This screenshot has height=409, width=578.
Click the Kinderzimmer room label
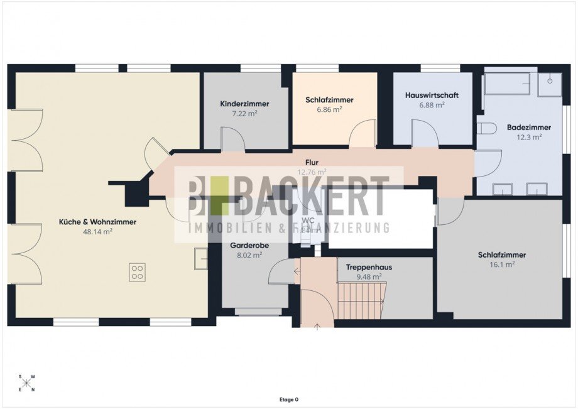coord(244,104)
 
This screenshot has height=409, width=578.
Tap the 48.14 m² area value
coord(97,231)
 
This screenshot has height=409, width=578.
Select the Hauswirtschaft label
coord(432,95)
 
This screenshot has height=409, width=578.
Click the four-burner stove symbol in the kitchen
coord(138,272)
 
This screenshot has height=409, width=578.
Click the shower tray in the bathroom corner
coord(550,84)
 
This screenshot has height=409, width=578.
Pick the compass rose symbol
coord(27,383)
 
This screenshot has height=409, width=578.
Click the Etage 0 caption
coord(289,399)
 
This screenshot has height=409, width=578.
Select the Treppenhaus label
coord(369,267)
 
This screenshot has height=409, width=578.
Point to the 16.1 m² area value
coord(501,264)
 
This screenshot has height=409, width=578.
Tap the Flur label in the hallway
coord(312,161)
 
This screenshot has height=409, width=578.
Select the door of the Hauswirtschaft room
coord(425,133)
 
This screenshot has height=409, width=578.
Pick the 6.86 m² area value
coord(329,109)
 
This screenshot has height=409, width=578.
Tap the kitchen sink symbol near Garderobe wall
coord(201,258)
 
